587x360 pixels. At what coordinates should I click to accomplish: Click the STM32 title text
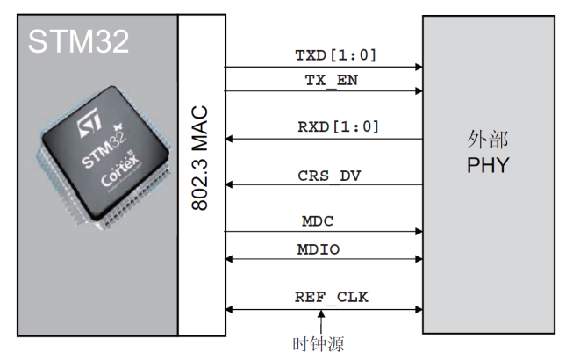tap(79, 40)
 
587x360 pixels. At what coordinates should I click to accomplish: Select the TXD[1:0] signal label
tap(336, 55)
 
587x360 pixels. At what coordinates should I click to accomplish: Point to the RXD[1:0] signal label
tap(338, 127)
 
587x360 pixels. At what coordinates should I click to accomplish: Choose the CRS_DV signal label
tap(329, 176)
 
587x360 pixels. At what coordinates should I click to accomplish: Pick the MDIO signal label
tap(319, 249)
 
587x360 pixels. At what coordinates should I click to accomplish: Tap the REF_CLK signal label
tap(332, 298)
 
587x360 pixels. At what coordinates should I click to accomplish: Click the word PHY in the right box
tap(489, 165)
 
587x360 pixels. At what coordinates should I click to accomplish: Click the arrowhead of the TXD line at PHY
tap(419, 67)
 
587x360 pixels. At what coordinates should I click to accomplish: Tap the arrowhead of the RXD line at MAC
tap(229, 139)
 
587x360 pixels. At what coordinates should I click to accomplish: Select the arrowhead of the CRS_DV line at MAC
tap(229, 184)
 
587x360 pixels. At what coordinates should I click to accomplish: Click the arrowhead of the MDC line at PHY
tap(419, 232)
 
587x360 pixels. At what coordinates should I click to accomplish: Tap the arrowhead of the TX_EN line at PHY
tap(419, 90)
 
